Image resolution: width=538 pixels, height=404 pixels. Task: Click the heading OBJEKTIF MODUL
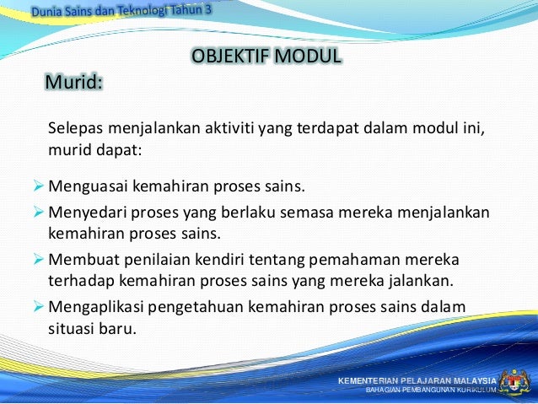pyautogui.click(x=266, y=57)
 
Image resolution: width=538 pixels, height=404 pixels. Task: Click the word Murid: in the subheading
pyautogui.click(x=74, y=83)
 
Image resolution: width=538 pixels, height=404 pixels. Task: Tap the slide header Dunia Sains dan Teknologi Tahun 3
pyautogui.click(x=122, y=11)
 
